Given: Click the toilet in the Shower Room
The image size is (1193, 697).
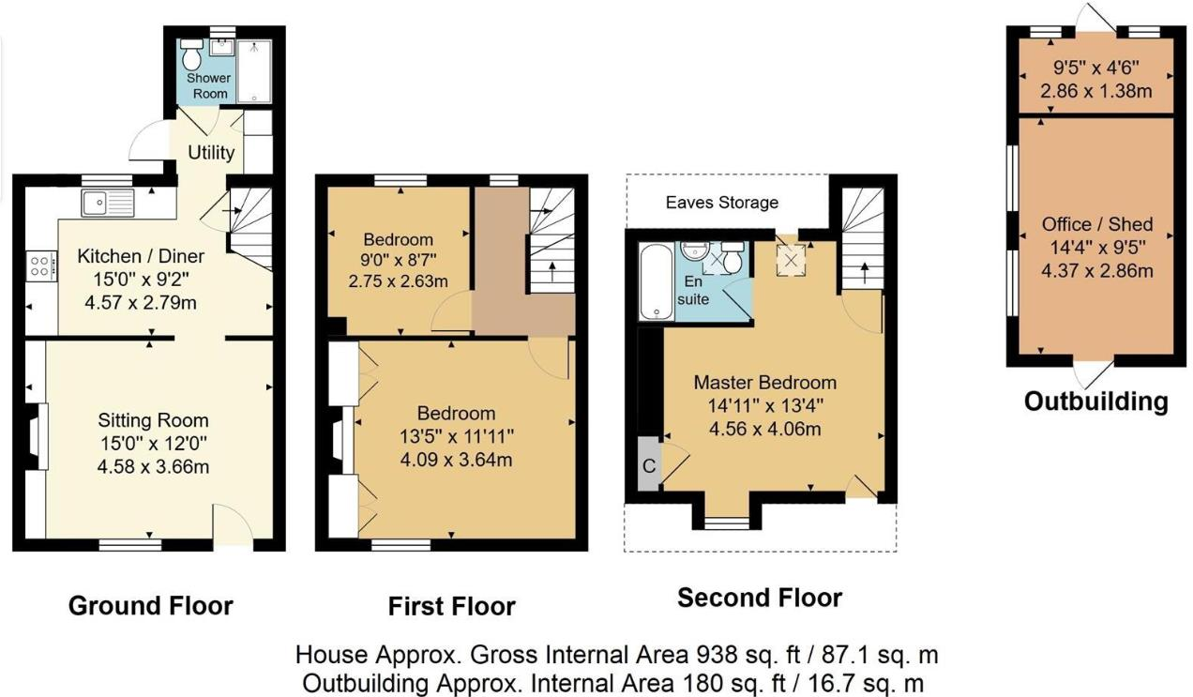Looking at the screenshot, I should point(192,54).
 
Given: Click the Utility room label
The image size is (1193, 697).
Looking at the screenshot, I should point(211,152).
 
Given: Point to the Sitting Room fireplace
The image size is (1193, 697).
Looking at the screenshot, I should point(37,437).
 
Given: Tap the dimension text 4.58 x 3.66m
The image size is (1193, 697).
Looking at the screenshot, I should point(154,466).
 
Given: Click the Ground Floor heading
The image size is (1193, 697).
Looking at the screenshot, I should point(150,606).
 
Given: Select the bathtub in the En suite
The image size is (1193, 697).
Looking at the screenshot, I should point(651,281).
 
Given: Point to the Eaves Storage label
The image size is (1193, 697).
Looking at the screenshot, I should point(722,203).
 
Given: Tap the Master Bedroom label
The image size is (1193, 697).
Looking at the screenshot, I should point(764,383).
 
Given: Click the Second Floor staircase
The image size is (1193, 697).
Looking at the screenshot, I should point(861,239).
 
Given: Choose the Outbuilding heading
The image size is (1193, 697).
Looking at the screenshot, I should point(1095,402).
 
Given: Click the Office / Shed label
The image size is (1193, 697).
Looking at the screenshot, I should point(1096,225).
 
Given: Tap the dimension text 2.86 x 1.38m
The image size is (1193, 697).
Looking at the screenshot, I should point(1095,91).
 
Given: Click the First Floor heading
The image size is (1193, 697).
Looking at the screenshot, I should point(451,607).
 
